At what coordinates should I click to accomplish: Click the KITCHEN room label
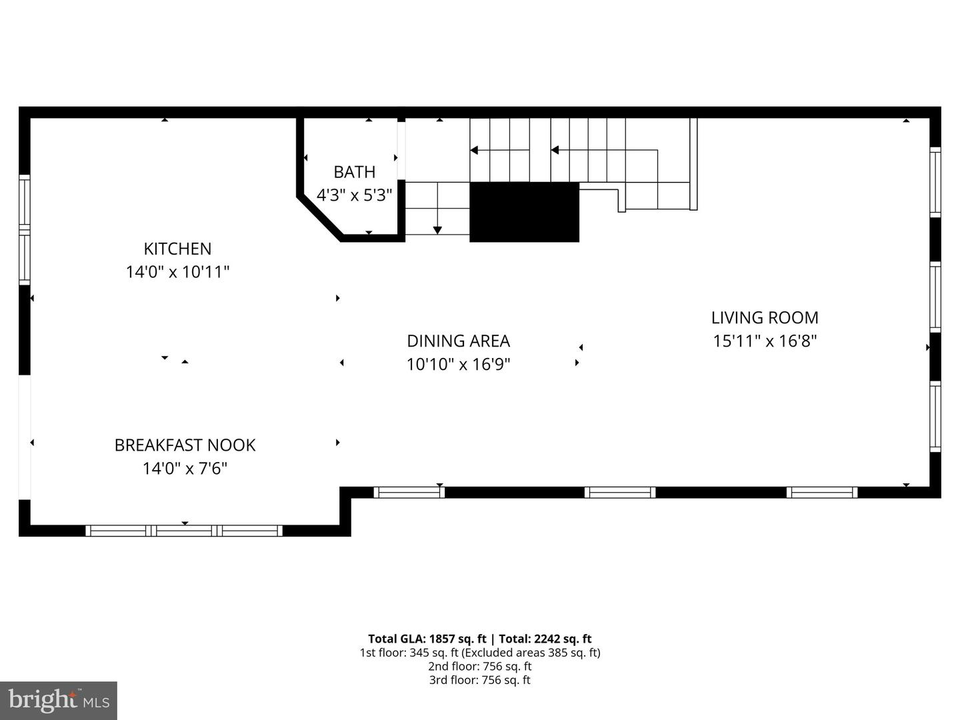(177, 249)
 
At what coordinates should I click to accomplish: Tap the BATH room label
(354, 172)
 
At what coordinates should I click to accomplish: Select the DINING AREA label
(458, 341)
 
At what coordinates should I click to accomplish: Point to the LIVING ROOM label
(765, 317)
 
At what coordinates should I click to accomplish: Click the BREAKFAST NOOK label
(185, 445)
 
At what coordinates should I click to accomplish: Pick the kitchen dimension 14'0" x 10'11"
(177, 272)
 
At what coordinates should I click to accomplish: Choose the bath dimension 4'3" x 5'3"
(354, 195)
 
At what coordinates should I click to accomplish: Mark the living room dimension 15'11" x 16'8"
(765, 341)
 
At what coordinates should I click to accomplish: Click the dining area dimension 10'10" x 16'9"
(458, 365)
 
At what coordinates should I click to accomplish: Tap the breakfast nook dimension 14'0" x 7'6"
(185, 469)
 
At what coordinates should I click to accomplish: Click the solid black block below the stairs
(524, 212)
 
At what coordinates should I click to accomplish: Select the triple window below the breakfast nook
(184, 531)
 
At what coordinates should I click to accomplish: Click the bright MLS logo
(59, 700)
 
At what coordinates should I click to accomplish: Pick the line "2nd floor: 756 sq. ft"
(479, 666)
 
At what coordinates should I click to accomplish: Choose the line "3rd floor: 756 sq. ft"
(479, 680)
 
